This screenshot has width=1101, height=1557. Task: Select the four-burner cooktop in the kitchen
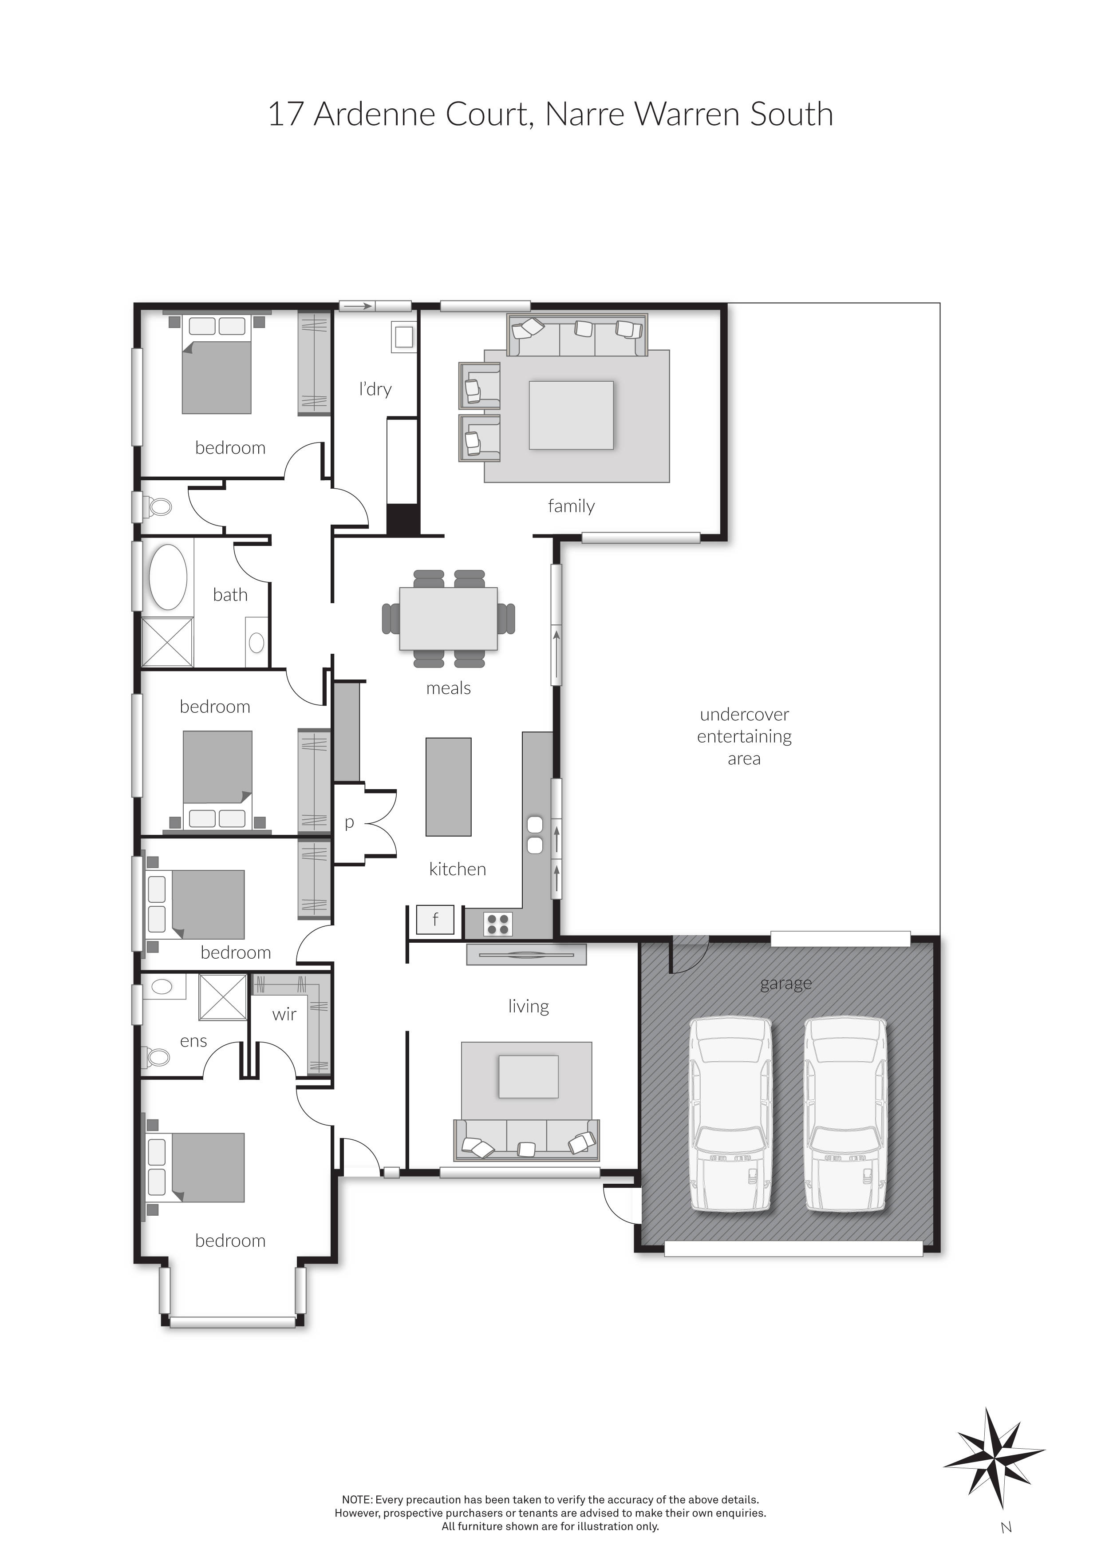click(497, 924)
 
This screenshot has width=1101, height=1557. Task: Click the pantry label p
click(349, 822)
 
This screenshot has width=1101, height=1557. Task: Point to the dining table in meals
click(448, 618)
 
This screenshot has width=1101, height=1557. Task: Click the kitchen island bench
click(448, 786)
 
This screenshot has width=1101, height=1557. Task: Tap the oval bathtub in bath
click(167, 577)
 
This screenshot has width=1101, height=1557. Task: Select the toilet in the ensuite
click(157, 1056)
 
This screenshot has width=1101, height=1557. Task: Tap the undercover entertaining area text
click(744, 736)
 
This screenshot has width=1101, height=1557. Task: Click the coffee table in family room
click(571, 415)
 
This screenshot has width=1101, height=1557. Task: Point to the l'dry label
click(375, 389)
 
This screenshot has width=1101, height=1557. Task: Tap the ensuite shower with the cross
click(222, 997)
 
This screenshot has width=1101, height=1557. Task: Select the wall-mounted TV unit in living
click(526, 955)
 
